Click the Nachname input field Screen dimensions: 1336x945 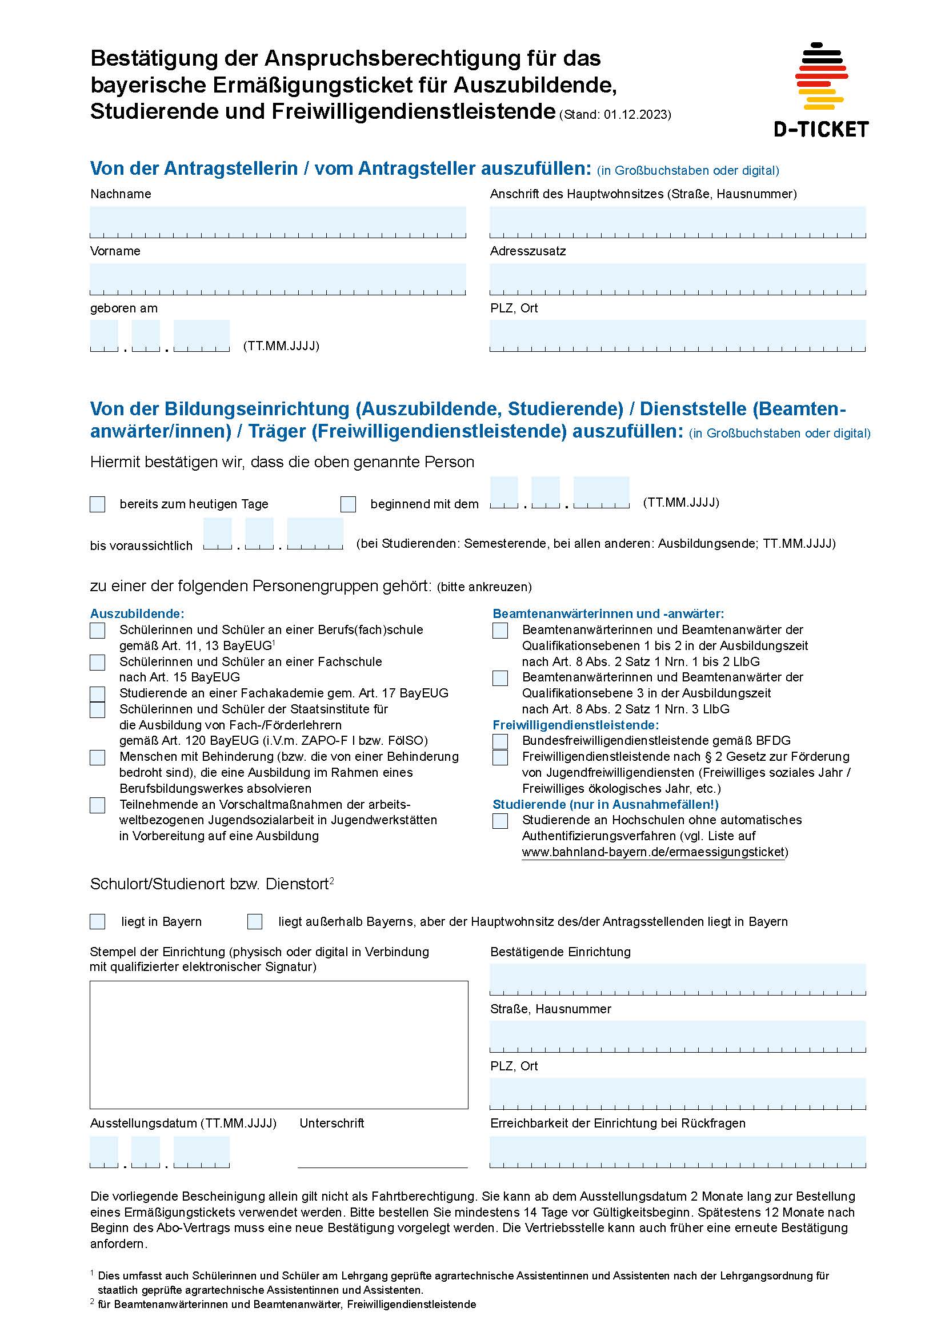pyautogui.click(x=278, y=221)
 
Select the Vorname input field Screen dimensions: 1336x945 pyautogui.click(x=278, y=278)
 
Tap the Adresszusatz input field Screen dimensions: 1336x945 pyautogui.click(x=678, y=278)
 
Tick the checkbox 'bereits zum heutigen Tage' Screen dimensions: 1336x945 pyautogui.click(x=98, y=504)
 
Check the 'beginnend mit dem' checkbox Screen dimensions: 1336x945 pyautogui.click(x=348, y=504)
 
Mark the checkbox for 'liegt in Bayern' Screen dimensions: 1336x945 pyautogui.click(x=98, y=922)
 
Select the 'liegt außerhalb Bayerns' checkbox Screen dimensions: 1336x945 pyautogui.click(x=255, y=922)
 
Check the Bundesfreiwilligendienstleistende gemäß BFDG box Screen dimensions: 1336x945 pyautogui.click(x=500, y=741)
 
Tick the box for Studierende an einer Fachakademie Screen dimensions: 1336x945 pyautogui.click(x=98, y=693)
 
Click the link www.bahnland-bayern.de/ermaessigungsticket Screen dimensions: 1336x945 pyautogui.click(x=654, y=852)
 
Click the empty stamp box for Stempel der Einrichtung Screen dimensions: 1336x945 pyautogui.click(x=279, y=1045)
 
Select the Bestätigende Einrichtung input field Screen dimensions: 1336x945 pyautogui.click(x=678, y=979)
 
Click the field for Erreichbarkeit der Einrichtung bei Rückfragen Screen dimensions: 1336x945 pyautogui.click(x=678, y=1151)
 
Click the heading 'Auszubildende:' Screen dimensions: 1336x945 pyautogui.click(x=137, y=613)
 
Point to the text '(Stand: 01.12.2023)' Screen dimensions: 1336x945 pyautogui.click(x=615, y=115)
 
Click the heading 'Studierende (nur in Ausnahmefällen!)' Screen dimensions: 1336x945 pyautogui.click(x=605, y=804)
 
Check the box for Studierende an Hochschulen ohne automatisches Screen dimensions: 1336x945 pyautogui.click(x=500, y=821)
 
